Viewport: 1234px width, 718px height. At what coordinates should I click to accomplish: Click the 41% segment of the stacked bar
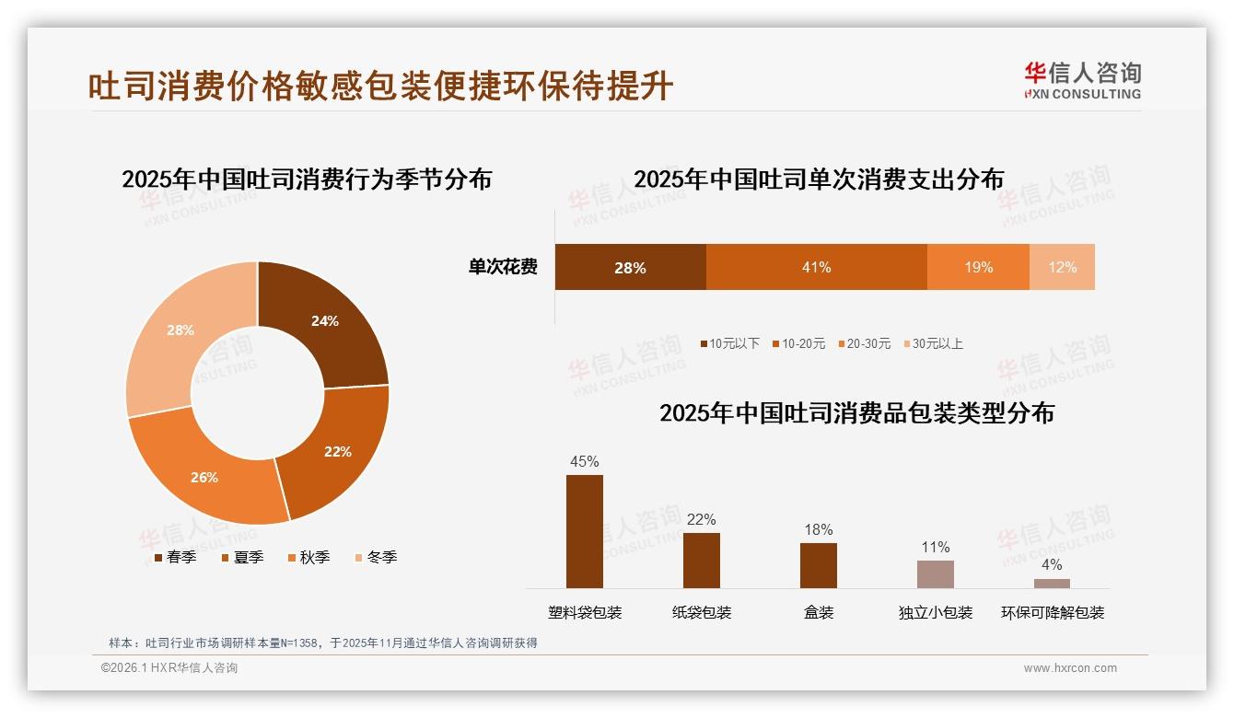click(x=816, y=267)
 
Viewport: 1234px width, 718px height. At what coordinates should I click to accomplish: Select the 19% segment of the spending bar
click(x=978, y=267)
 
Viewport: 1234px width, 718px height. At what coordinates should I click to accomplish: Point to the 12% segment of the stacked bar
click(x=1062, y=267)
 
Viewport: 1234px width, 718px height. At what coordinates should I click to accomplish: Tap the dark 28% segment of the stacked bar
click(x=630, y=267)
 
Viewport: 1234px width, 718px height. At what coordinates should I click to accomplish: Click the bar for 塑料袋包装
click(x=585, y=531)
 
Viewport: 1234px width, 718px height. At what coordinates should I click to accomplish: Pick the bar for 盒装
click(x=819, y=565)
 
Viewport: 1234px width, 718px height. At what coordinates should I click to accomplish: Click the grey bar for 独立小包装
click(x=936, y=574)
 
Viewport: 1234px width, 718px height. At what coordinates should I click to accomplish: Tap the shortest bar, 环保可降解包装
click(x=1052, y=584)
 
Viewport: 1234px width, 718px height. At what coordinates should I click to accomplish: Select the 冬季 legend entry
click(x=376, y=557)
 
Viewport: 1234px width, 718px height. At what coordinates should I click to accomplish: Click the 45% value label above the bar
click(x=585, y=461)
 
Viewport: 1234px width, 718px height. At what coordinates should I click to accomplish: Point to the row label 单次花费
click(x=503, y=267)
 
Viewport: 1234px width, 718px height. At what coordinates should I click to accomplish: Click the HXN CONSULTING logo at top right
click(x=1082, y=81)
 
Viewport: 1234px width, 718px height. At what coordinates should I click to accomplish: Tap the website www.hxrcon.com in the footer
click(x=1069, y=668)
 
